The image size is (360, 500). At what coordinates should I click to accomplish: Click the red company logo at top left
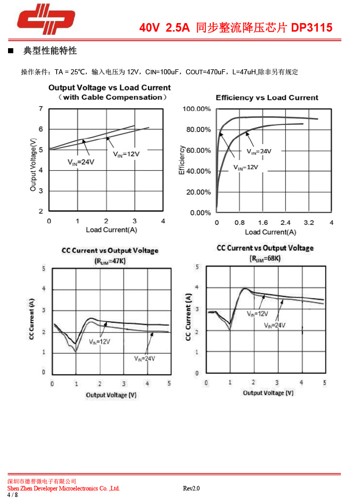click(x=46, y=20)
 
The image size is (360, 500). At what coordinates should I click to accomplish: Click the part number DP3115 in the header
click(x=312, y=28)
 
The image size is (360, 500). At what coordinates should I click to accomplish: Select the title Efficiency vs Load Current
click(x=267, y=98)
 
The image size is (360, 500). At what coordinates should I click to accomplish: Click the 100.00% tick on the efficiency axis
click(x=197, y=109)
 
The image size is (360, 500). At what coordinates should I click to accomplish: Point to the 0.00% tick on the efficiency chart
click(x=200, y=212)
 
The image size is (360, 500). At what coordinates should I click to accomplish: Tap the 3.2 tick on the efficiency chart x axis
click(x=308, y=222)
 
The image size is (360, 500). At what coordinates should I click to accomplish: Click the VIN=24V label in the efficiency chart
click(x=259, y=151)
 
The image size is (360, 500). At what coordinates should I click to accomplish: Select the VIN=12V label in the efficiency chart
click(x=246, y=167)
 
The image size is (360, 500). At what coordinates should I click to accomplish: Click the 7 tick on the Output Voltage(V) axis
click(x=41, y=108)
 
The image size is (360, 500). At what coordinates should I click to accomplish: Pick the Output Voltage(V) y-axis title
click(x=33, y=165)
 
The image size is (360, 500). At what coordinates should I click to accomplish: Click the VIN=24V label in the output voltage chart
click(x=81, y=162)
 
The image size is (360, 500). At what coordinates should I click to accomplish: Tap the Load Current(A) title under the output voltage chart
click(x=111, y=230)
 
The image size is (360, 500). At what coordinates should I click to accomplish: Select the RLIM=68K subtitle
click(x=265, y=259)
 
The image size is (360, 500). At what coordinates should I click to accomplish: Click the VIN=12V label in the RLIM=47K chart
click(x=99, y=341)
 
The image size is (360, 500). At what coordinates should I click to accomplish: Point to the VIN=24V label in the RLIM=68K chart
click(x=275, y=325)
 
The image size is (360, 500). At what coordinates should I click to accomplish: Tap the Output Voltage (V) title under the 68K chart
click(x=268, y=393)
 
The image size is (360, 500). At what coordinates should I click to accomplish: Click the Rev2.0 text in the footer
click(x=191, y=488)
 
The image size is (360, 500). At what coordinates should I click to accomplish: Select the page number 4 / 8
click(x=13, y=495)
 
